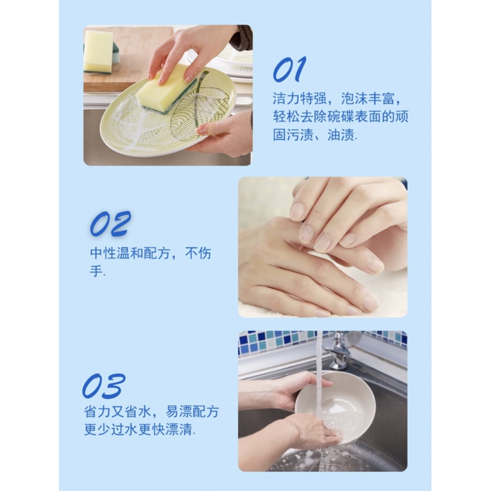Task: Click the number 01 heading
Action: [x=289, y=70]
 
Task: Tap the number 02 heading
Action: [x=110, y=224]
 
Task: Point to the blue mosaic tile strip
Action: [x=276, y=341]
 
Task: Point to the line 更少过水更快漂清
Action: [x=139, y=430]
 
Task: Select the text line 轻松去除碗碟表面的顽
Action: [x=340, y=117]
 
